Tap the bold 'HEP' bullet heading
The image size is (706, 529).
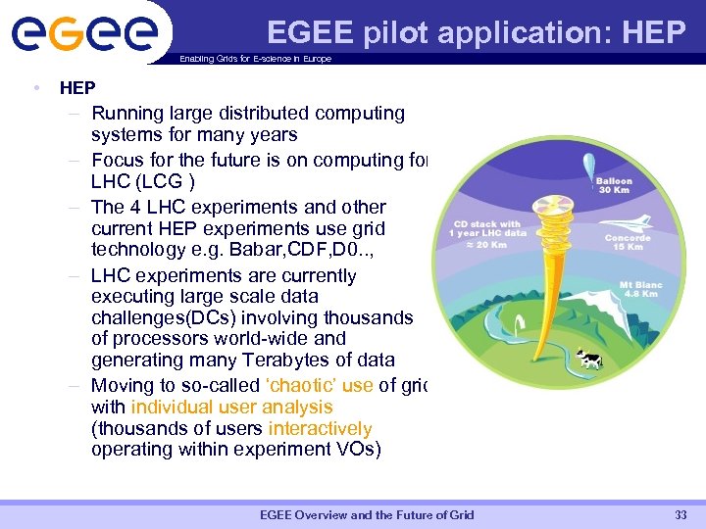(77, 88)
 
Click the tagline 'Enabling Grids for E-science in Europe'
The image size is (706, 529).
(256, 59)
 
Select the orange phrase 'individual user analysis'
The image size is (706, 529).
(231, 407)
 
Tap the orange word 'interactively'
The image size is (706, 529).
(320, 428)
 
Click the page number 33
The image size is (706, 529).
(681, 515)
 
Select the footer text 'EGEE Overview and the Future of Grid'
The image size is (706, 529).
(366, 515)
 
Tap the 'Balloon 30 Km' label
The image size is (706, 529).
(615, 185)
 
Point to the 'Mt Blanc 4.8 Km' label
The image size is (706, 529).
(641, 289)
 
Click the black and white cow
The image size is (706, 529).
(589, 361)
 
